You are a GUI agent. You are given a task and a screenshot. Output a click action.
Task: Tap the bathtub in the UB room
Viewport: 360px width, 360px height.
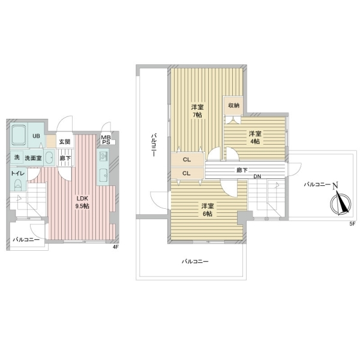19,135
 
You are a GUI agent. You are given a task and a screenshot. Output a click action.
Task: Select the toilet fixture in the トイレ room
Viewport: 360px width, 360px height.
17,185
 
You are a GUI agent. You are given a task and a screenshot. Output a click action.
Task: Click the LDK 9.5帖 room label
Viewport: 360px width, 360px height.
82,203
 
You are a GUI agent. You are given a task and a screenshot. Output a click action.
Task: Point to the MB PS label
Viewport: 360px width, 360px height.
106,140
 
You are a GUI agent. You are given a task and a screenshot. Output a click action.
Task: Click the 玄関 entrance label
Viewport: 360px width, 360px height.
65,142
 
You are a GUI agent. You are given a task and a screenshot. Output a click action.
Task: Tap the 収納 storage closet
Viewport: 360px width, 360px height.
233,106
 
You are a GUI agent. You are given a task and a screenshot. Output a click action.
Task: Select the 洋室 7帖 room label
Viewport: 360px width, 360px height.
197,111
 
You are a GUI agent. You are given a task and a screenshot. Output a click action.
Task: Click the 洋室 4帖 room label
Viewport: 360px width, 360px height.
255,137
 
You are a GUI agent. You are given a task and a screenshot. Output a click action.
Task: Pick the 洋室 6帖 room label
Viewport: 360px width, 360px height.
208,210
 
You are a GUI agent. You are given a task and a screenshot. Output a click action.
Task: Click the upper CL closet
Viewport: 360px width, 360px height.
188,159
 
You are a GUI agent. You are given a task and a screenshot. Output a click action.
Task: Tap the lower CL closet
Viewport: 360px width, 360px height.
188,173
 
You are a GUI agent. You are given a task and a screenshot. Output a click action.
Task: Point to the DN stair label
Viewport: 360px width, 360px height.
257,176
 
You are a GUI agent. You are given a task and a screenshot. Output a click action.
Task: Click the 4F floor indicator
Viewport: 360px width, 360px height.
116,247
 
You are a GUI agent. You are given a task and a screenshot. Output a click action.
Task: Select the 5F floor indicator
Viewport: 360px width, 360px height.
352,224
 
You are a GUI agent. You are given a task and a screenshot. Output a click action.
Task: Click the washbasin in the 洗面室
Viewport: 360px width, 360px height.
49,157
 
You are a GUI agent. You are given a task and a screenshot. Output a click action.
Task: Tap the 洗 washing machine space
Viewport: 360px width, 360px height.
17,157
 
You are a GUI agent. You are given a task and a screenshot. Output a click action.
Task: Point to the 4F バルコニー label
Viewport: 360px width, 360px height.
26,239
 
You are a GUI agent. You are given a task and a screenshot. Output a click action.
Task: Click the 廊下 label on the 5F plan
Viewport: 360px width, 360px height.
242,170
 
